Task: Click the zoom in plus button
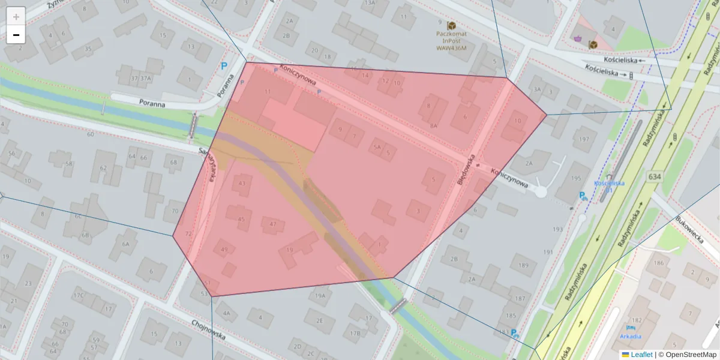tap(16, 17)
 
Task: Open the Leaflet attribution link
tap(641, 355)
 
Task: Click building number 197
tap(580, 139)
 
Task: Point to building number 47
tap(273, 224)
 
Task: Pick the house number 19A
tap(320, 295)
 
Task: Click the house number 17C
tap(78, 295)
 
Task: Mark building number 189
tap(524, 265)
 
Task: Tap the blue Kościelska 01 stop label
tap(609, 186)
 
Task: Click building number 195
tap(576, 179)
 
